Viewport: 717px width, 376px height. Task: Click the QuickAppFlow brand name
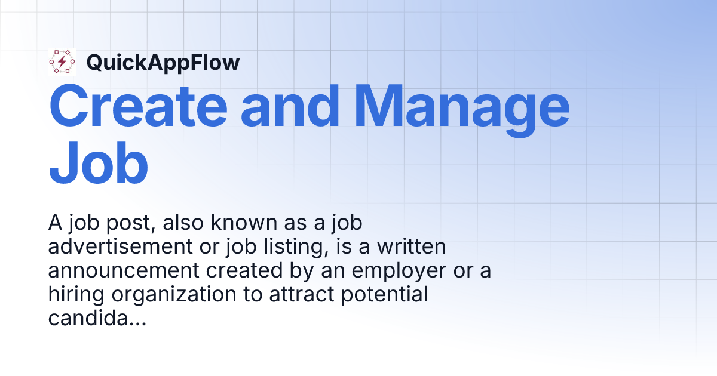coord(163,63)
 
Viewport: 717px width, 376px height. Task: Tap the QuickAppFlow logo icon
coord(62,63)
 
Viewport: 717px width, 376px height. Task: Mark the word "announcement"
coord(122,271)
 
